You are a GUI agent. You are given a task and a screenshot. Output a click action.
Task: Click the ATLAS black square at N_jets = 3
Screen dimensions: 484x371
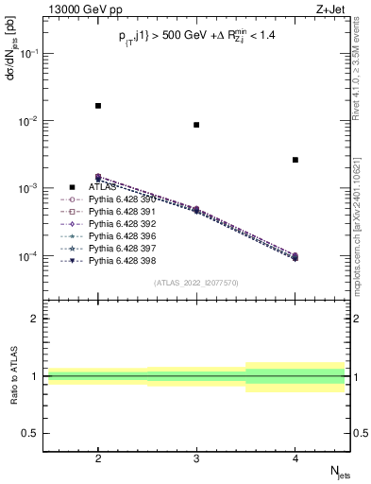point(196,125)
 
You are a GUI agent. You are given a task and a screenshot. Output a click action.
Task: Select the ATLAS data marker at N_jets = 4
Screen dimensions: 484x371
point(295,160)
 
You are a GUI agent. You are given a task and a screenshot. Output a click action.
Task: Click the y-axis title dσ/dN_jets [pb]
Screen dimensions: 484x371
point(10,57)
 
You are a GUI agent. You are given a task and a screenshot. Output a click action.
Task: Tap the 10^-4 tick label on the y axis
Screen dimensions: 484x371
point(31,256)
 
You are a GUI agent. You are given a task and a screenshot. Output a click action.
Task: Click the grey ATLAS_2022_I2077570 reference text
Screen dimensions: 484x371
point(196,283)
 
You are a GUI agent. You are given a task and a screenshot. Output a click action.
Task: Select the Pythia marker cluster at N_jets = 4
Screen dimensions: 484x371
point(295,256)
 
